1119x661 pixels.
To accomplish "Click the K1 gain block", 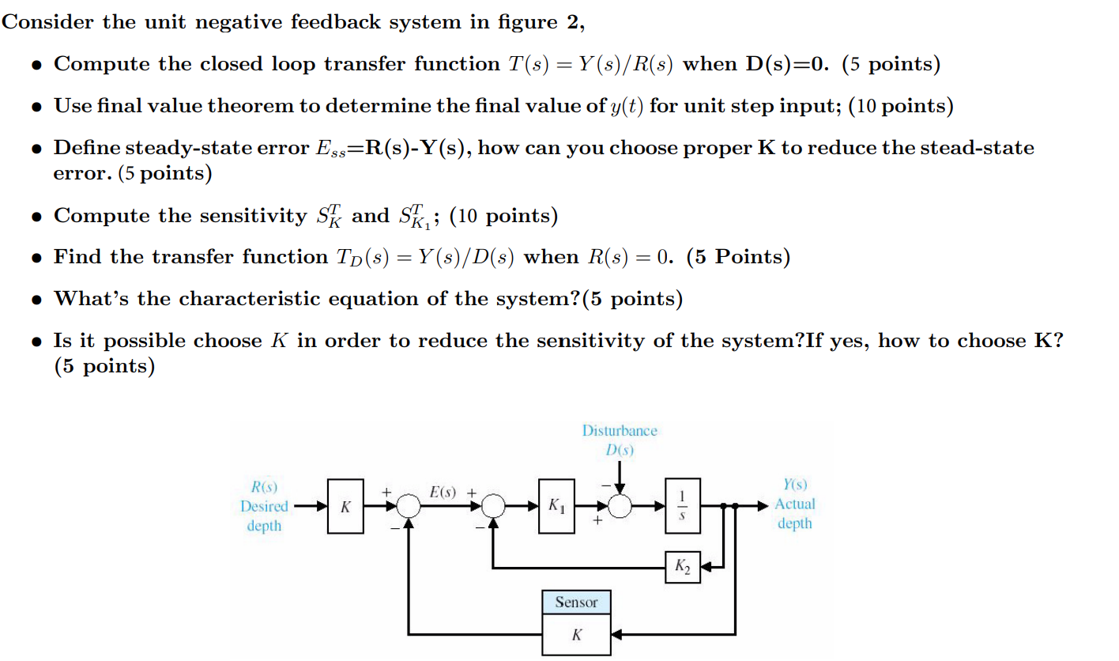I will tap(556, 506).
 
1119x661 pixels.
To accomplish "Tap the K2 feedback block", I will tap(683, 566).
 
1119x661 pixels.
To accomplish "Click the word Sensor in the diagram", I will tap(576, 602).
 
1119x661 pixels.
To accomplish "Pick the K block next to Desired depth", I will tap(345, 505).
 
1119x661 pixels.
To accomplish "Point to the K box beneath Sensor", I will tap(576, 636).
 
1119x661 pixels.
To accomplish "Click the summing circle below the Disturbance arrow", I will tap(620, 506).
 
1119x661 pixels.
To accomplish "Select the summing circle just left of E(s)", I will tap(409, 506).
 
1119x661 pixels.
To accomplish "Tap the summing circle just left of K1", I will tap(494, 506).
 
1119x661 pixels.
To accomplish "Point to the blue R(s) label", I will tap(263, 486).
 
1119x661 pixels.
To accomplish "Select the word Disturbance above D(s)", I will tap(620, 431).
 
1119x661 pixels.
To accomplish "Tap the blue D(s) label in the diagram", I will tap(620, 450).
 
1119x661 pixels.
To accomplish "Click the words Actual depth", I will tap(795, 513).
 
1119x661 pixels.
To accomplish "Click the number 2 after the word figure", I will tap(572, 22).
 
